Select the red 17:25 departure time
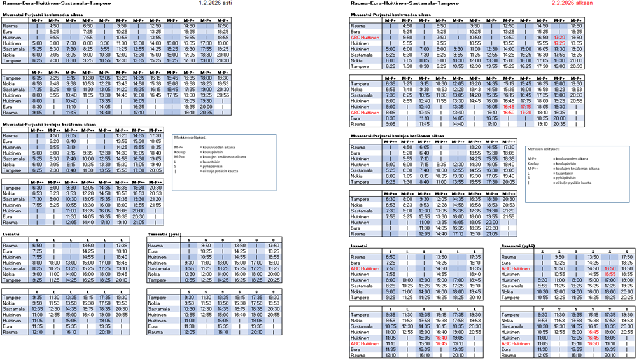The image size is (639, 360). tap(560, 43)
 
